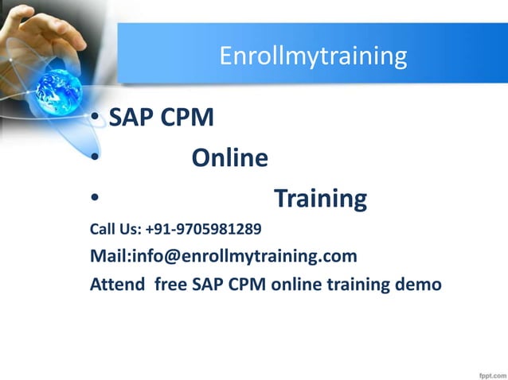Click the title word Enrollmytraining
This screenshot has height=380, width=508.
tap(313, 56)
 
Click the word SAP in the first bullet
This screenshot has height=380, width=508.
tap(131, 118)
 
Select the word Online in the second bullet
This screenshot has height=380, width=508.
tap(229, 158)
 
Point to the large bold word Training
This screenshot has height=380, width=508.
tap(320, 198)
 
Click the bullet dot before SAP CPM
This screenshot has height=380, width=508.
tap(94, 119)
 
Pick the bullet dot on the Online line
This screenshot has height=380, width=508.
tap(94, 159)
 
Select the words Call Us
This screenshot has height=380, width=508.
tap(114, 231)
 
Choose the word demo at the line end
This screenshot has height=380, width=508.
tap(420, 283)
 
